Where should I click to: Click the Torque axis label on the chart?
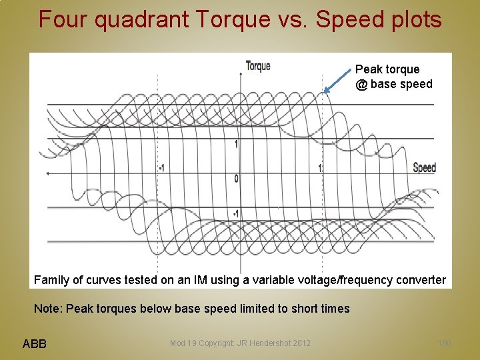[x=257, y=65]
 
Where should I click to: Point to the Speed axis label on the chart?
[x=424, y=167]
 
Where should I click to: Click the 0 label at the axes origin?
[x=236, y=179]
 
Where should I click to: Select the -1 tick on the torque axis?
[x=235, y=214]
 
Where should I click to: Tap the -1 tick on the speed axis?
[x=162, y=168]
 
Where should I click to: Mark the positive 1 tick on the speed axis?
[x=320, y=168]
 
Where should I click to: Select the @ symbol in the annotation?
[x=361, y=84]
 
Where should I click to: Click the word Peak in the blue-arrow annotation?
[x=368, y=69]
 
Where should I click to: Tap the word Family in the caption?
[x=51, y=279]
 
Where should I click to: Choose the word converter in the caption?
[x=421, y=279]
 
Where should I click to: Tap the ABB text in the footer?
[x=35, y=343]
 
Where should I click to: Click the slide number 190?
[x=445, y=343]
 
